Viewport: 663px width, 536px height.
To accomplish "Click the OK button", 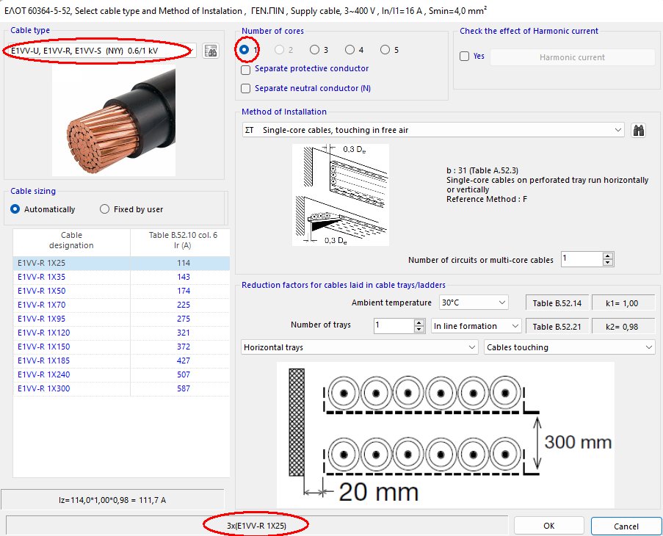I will [548, 526].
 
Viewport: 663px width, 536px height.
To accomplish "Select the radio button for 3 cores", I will [314, 50].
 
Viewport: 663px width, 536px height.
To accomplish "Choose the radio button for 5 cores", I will [385, 50].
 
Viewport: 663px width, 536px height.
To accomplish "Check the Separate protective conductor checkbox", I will [246, 69].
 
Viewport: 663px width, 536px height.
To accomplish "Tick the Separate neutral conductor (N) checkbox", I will [246, 88].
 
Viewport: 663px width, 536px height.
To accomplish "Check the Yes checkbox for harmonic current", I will [465, 57].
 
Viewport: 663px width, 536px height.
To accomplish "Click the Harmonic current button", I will [572, 57].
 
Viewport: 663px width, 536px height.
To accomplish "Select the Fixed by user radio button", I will [105, 209].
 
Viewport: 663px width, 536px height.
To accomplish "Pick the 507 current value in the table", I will [183, 374].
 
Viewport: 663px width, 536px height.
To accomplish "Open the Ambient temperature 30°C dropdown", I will [473, 303].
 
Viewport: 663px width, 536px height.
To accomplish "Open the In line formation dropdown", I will [477, 326].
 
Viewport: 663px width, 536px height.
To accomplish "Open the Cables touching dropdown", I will [570, 347].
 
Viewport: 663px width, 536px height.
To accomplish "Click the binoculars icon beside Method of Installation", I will [639, 130].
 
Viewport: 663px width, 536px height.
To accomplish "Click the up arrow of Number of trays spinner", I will [419, 322].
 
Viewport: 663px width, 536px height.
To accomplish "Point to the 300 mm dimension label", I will [579, 443].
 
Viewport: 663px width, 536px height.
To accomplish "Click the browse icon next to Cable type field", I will [211, 51].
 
